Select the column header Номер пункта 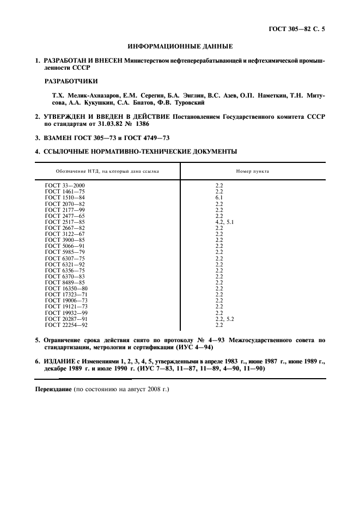[x=252, y=171]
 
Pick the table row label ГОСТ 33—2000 [x=65, y=186]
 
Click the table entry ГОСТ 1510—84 [x=65, y=198]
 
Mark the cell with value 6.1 [x=219, y=198]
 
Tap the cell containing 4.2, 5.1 [x=225, y=222]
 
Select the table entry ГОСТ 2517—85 [x=65, y=222]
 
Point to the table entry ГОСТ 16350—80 [x=66, y=288]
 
